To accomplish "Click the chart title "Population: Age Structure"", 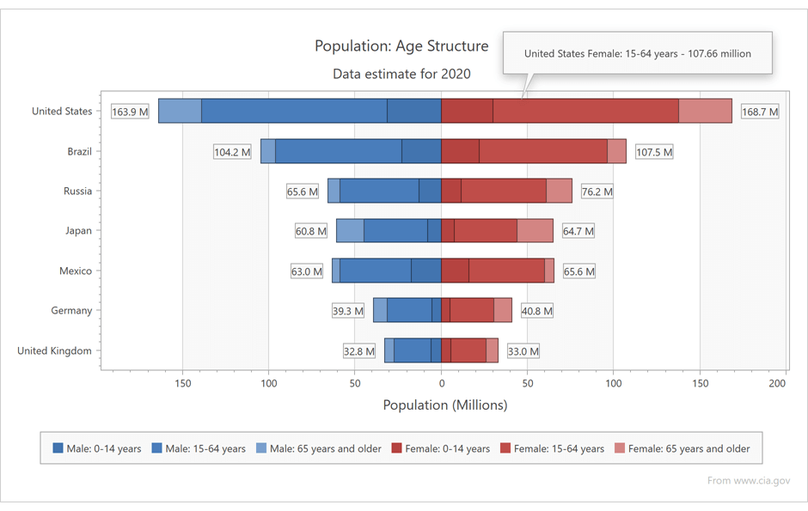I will coord(401,46).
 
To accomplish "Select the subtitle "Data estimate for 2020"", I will coord(401,74).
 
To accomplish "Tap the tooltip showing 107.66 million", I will coord(637,53).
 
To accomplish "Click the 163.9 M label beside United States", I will coord(130,112).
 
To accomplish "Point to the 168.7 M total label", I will coord(760,112).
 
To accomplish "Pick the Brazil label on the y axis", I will coord(80,151).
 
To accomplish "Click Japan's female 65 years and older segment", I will coord(535,230).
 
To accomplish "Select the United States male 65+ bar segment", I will coord(180,111).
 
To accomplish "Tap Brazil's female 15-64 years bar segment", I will coord(543,151).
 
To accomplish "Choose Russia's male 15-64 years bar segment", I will coord(379,191).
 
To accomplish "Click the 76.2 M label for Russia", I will coord(597,192).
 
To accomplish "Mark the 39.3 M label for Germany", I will coord(348,311).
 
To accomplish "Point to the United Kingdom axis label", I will coord(54,350).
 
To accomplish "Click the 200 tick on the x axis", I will coord(779,383).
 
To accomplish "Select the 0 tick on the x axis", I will coord(441,383).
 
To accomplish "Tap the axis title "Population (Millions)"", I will coord(444,405).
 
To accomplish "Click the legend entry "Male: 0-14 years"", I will coord(97,448).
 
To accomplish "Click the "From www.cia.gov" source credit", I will coord(749,480).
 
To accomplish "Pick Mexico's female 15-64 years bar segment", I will coord(506,271).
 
